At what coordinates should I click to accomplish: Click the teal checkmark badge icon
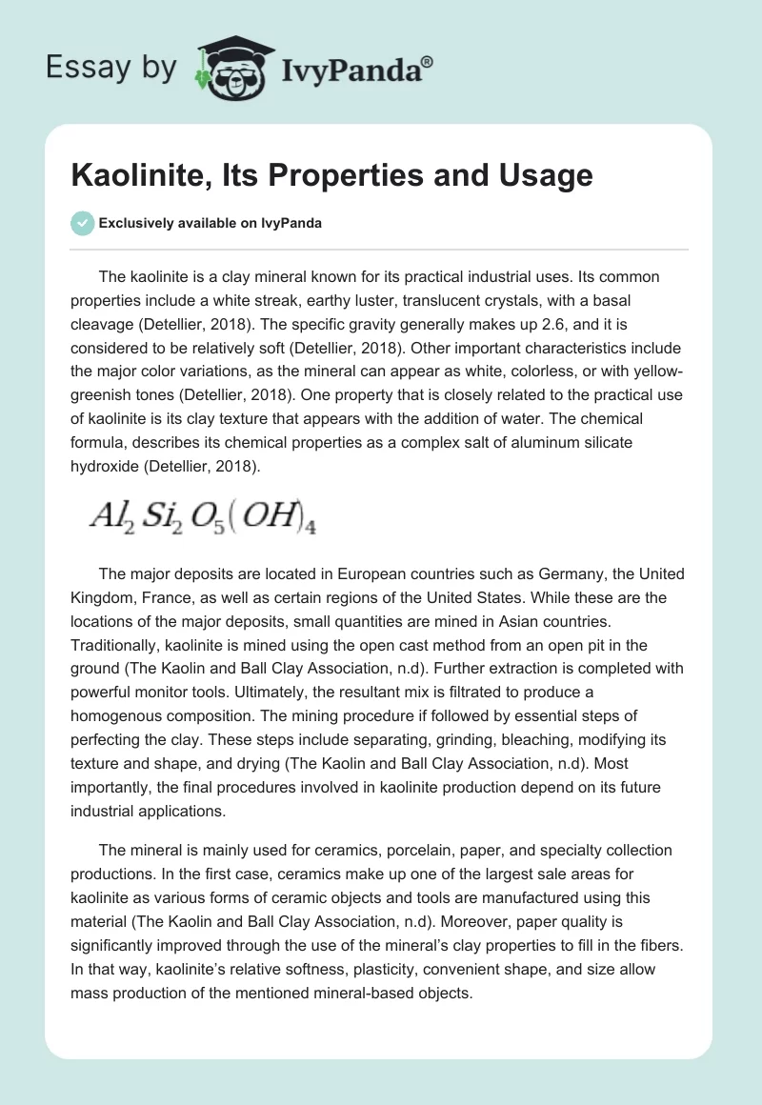pos(82,224)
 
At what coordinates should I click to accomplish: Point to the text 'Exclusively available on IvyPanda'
pos(211,224)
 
